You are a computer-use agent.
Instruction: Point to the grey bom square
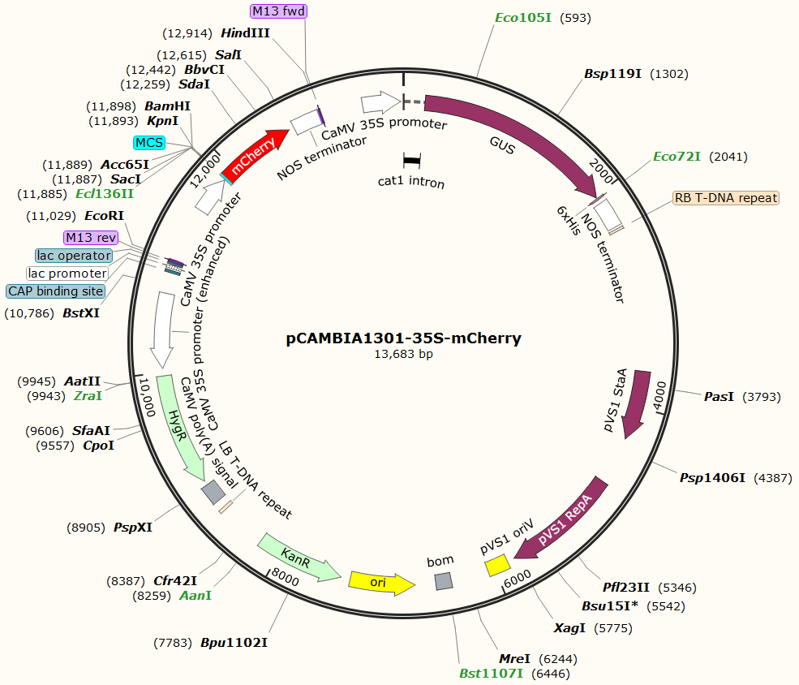pos(443,581)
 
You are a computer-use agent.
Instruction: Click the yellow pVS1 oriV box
pos(497,565)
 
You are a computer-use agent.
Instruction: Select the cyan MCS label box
pos(149,143)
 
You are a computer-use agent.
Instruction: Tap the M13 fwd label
pos(278,11)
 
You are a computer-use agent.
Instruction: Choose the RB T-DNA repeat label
pos(725,197)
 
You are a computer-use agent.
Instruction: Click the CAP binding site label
pos(56,291)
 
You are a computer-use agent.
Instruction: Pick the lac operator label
pos(74,256)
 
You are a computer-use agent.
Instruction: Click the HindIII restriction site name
pos(245,33)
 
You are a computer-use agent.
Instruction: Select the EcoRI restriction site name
pos(105,217)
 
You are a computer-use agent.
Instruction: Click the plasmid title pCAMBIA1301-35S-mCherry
pos(403,338)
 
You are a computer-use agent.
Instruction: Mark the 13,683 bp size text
pos(403,354)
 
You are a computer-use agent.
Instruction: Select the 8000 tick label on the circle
pos(286,577)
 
